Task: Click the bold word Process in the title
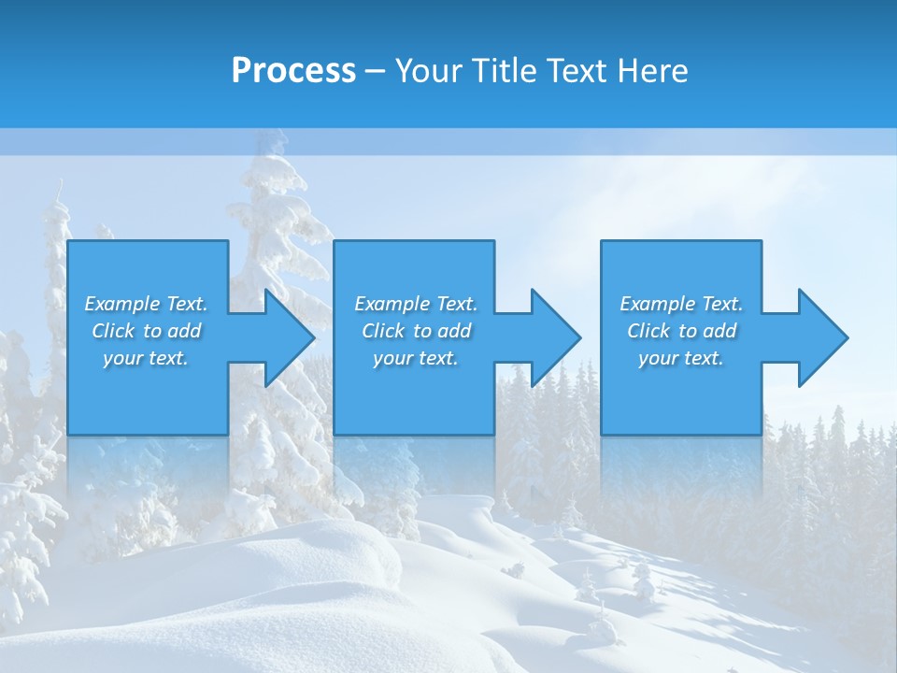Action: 293,71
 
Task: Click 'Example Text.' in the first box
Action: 146,304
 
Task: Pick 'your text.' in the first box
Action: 146,358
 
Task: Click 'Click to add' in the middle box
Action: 416,331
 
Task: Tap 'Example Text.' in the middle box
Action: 416,304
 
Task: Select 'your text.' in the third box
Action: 681,358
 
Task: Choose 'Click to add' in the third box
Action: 681,331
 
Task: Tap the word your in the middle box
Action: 392,358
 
